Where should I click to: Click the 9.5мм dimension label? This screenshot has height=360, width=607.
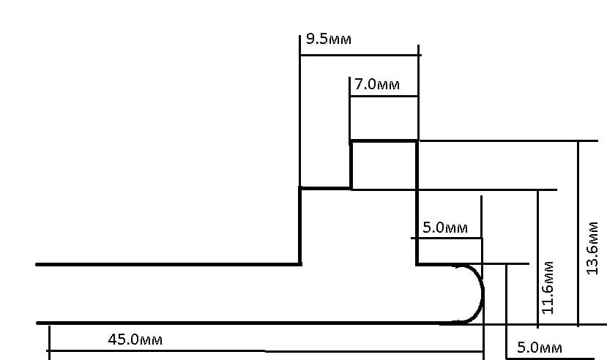pos(329,39)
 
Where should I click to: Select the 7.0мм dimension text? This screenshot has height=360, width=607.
pos(377,85)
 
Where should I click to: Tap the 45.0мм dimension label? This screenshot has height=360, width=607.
pos(135,340)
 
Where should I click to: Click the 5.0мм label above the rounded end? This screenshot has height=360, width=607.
pos(445,228)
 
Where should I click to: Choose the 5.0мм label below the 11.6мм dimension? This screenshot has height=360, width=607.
pos(540,348)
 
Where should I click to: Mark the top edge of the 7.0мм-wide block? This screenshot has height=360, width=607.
pos(384,141)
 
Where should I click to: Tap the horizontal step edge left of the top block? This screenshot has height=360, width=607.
pos(325,188)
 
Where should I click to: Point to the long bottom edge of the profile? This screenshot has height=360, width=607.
pos(242,322)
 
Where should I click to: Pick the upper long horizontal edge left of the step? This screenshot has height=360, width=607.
pos(168,263)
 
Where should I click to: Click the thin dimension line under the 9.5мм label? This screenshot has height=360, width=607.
pos(360,55)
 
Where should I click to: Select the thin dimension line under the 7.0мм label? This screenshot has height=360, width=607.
pos(384,96)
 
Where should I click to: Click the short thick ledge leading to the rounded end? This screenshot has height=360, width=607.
pos(435,264)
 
